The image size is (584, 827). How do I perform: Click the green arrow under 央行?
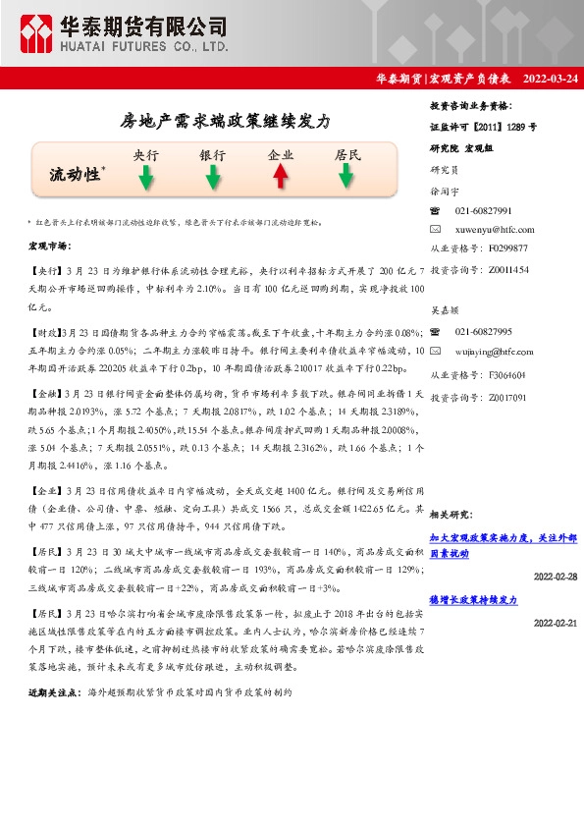(x=145, y=177)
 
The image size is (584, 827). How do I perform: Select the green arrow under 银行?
(x=212, y=177)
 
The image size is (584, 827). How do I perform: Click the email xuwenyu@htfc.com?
(x=495, y=230)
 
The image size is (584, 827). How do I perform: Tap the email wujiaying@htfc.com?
(x=497, y=351)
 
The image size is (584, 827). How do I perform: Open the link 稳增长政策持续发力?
(x=474, y=599)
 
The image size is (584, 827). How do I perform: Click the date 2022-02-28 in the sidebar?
(x=555, y=577)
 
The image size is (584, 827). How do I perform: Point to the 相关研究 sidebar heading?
(x=451, y=515)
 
